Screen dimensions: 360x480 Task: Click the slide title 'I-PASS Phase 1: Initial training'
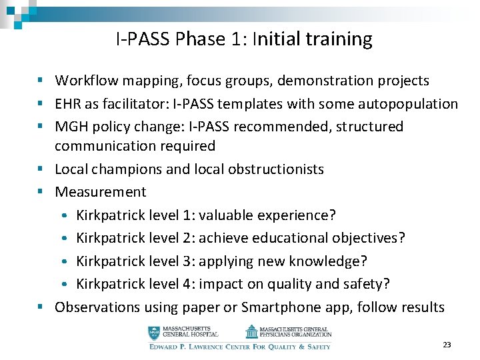(244, 39)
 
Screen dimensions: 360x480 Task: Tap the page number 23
(447, 345)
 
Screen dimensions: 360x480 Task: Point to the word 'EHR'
(68, 104)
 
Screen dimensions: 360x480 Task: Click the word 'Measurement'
(100, 192)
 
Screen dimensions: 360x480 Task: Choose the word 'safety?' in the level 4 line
(365, 284)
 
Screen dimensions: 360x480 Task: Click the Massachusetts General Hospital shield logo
(155, 331)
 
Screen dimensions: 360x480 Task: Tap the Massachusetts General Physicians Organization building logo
(251, 331)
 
